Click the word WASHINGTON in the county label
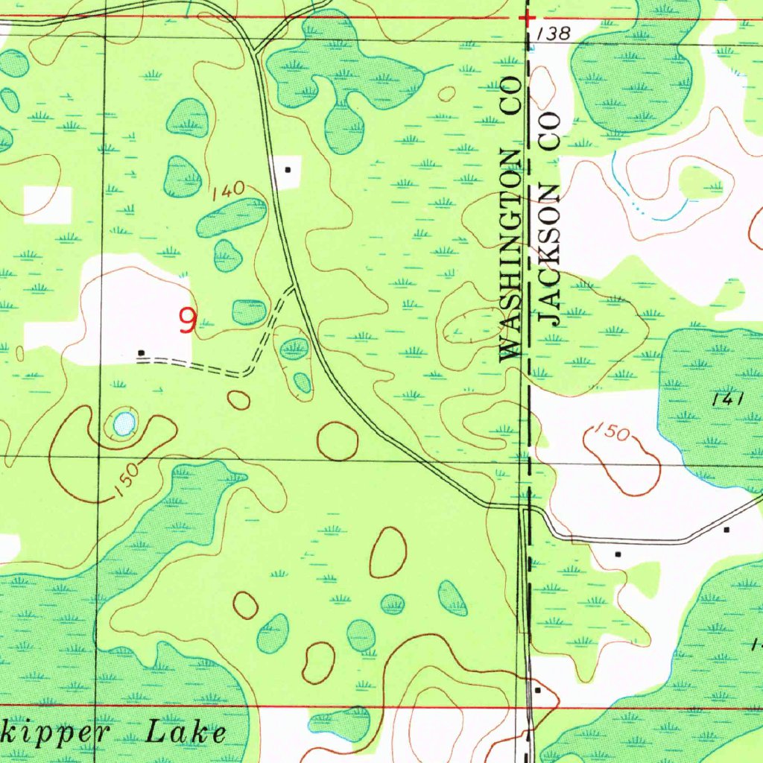[x=510, y=253]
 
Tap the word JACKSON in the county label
[x=549, y=253]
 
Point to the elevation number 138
[x=551, y=33]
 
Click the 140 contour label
[x=228, y=191]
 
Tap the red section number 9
[x=187, y=321]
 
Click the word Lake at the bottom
[x=186, y=732]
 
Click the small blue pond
[x=124, y=424]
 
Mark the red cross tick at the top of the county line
[x=527, y=16]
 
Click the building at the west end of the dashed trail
[x=142, y=352]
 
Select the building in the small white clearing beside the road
[x=288, y=169]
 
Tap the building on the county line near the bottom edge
[x=538, y=691]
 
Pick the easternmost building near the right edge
[x=726, y=529]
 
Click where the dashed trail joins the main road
[x=293, y=288]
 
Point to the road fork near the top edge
[x=255, y=51]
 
